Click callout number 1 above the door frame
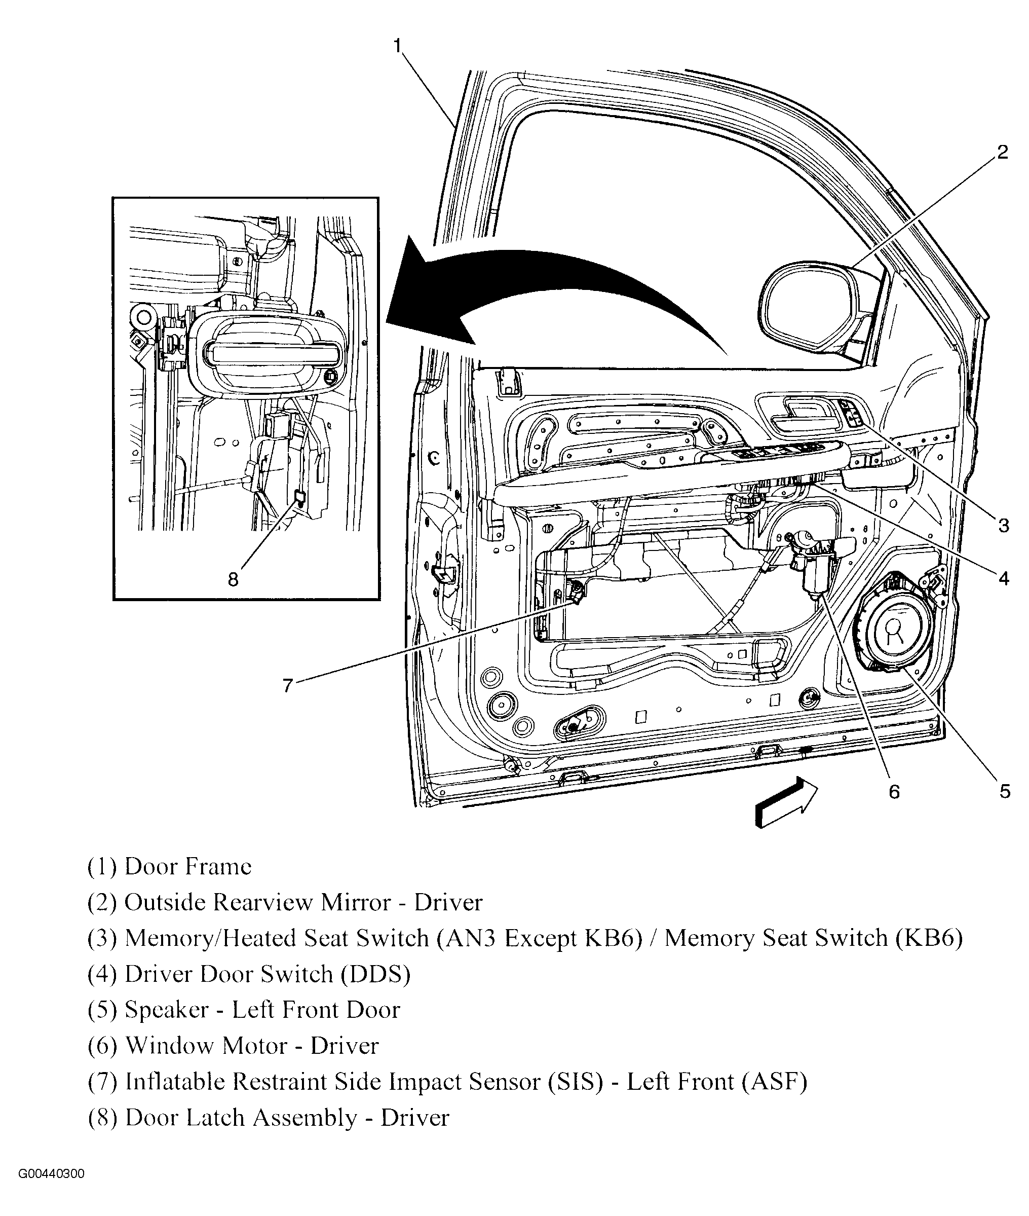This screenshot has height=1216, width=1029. coord(398,46)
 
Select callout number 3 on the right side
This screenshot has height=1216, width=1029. coord(1003,526)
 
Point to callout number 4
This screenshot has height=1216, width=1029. coord(1003,579)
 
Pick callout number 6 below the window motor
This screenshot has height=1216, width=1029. coord(894,792)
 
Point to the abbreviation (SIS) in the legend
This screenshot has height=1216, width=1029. coord(575,1082)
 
